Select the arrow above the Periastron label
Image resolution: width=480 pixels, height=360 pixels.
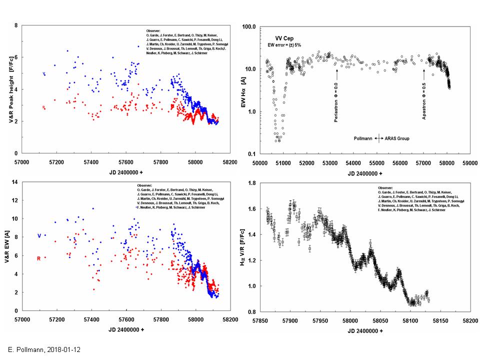pyautogui.click(x=337, y=74)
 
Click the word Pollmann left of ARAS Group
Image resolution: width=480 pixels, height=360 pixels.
pyautogui.click(x=363, y=138)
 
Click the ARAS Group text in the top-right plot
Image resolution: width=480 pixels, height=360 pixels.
pyautogui.click(x=396, y=138)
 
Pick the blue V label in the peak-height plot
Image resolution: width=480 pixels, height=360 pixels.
pyautogui.click(x=44, y=74)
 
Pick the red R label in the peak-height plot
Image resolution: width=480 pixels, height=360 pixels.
pyautogui.click(x=44, y=107)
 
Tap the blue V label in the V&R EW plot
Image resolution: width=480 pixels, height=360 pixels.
pyautogui.click(x=38, y=235)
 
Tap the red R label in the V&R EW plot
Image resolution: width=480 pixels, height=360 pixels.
pyautogui.click(x=38, y=258)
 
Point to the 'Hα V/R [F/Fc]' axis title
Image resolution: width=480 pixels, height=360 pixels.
pyautogui.click(x=243, y=248)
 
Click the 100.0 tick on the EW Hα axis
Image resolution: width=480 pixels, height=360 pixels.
pyautogui.click(x=248, y=26)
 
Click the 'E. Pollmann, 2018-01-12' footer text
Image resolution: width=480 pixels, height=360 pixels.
pyautogui.click(x=43, y=349)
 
